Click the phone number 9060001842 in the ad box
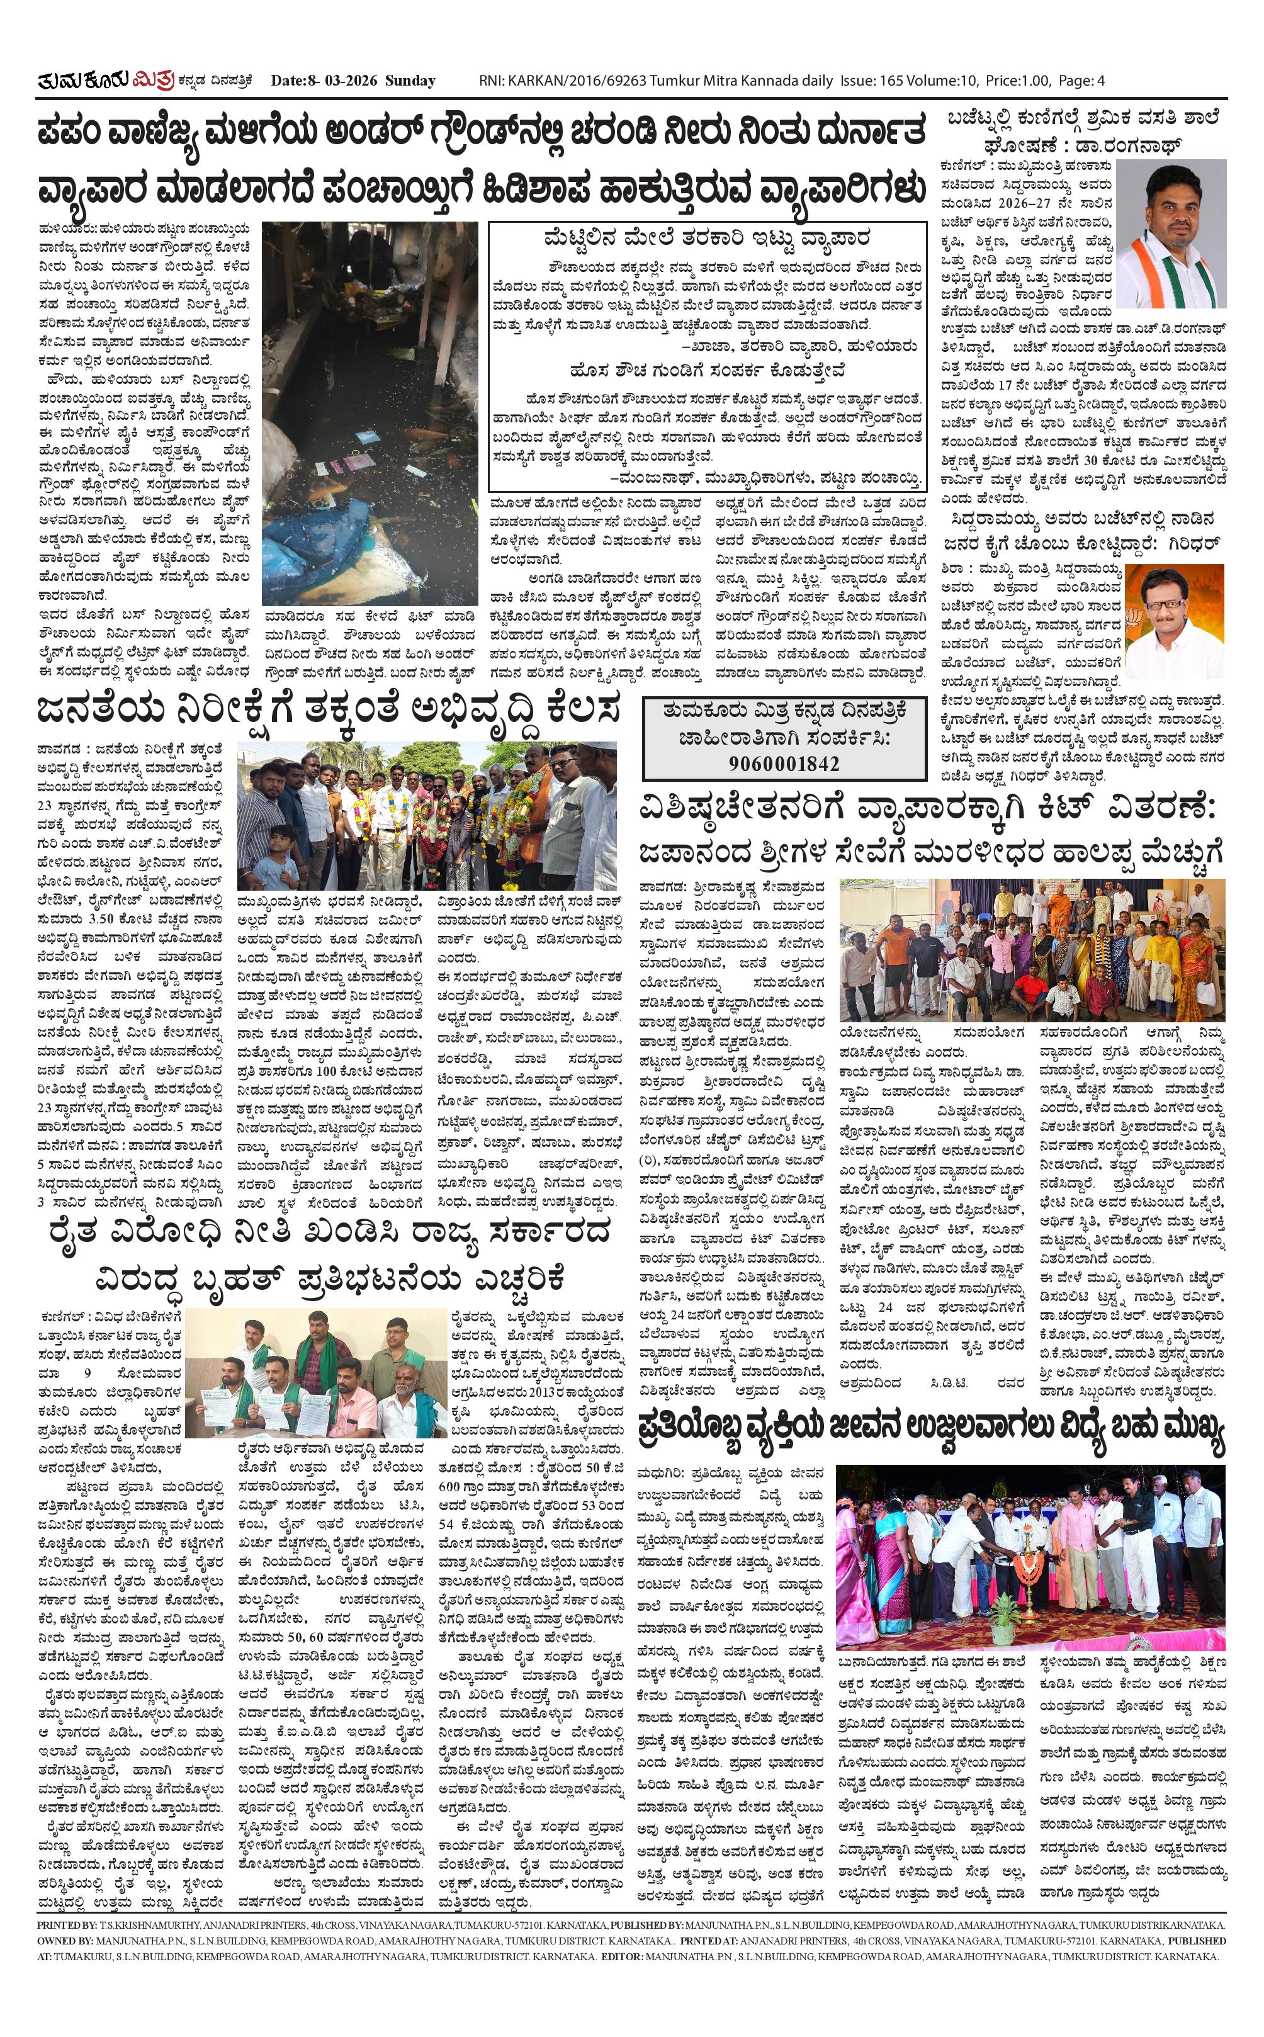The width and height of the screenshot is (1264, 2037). [x=784, y=763]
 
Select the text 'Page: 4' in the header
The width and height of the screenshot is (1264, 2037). [x=1081, y=81]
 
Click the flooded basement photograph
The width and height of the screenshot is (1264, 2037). [x=370, y=413]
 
